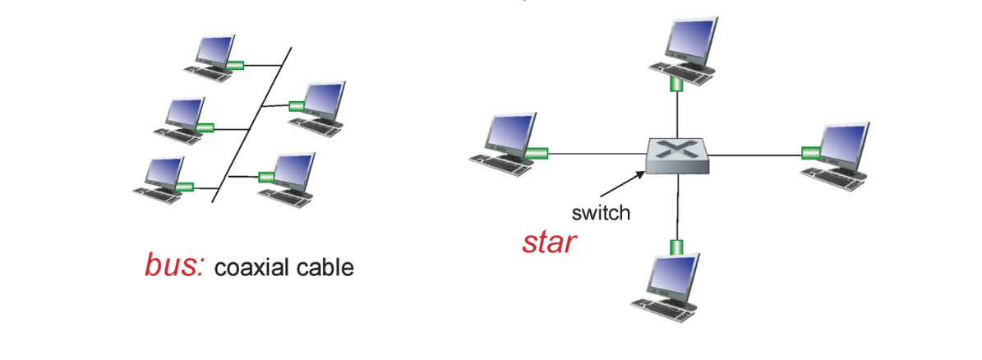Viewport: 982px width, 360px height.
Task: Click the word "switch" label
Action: [x=601, y=213]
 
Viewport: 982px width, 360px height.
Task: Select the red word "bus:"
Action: [x=175, y=265]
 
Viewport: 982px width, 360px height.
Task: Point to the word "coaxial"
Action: [x=255, y=267]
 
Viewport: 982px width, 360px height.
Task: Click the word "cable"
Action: [x=327, y=267]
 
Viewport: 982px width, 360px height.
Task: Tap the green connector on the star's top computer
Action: [x=676, y=85]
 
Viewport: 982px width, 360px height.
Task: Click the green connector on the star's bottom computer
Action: [x=675, y=246]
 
